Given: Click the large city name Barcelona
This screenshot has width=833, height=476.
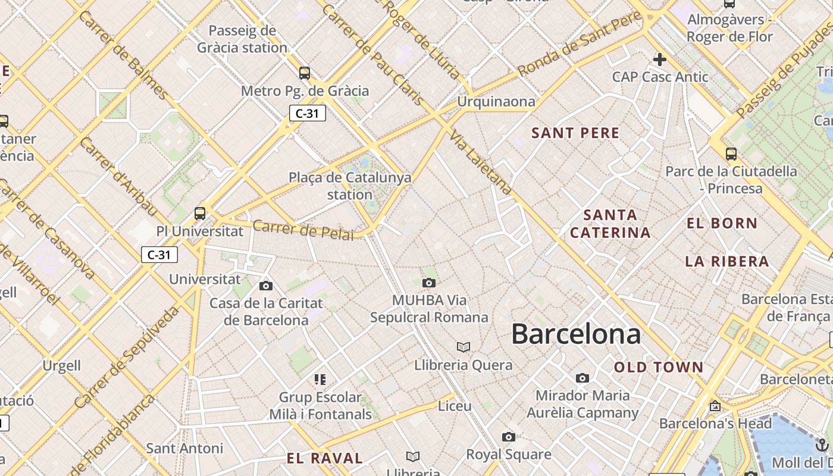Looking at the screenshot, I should pyautogui.click(x=576, y=334).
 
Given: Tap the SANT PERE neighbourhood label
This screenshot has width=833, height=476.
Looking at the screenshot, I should pyautogui.click(x=575, y=133).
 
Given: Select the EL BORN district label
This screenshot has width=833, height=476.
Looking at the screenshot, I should pyautogui.click(x=722, y=224).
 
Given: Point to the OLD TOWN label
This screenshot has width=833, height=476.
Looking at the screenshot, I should pyautogui.click(x=659, y=367).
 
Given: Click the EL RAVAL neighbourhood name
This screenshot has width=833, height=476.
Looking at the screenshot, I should pyautogui.click(x=324, y=458).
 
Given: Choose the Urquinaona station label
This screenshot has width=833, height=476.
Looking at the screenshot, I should pyautogui.click(x=496, y=102).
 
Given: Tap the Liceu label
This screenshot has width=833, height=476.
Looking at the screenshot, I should pyautogui.click(x=455, y=406).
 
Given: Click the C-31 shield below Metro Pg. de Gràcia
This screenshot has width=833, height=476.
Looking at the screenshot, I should pyautogui.click(x=308, y=113).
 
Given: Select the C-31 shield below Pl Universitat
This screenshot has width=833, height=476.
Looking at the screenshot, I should pyautogui.click(x=159, y=255).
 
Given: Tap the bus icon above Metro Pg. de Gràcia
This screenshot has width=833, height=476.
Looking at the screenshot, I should pyautogui.click(x=305, y=73).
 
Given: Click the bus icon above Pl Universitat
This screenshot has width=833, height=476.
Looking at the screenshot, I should pyautogui.click(x=200, y=214).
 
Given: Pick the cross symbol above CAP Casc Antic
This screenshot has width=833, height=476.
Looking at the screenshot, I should pyautogui.click(x=659, y=59).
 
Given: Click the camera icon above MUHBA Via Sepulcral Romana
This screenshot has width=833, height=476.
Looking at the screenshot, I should pyautogui.click(x=428, y=283).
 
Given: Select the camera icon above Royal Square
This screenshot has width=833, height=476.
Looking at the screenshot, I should pyautogui.click(x=508, y=437).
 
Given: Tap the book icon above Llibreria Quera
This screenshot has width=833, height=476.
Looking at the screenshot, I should pyautogui.click(x=463, y=347).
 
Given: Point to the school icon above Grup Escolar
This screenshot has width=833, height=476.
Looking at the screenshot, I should pyautogui.click(x=320, y=379).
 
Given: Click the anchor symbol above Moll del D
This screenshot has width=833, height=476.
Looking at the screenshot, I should pyautogui.click(x=821, y=444).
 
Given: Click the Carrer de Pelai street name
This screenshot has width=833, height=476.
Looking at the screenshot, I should pyautogui.click(x=303, y=230).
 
